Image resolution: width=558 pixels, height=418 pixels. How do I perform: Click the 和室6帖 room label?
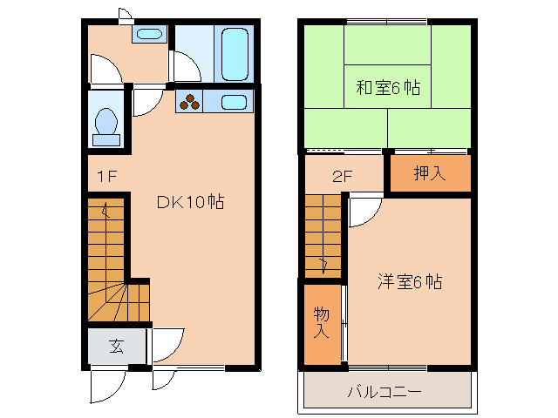388,87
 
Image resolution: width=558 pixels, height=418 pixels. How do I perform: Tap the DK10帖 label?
191,202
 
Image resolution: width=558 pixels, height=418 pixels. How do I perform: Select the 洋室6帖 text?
410,282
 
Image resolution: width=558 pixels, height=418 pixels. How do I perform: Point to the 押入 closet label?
429,173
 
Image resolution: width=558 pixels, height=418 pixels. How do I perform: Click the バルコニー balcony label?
384,392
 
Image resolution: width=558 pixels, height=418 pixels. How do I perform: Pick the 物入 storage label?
321,322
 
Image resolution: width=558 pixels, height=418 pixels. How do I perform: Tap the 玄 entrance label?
116,346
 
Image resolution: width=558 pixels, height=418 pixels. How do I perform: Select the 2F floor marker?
341,174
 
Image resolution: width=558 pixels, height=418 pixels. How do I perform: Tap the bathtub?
234,52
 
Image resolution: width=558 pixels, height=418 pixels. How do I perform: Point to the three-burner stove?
191,102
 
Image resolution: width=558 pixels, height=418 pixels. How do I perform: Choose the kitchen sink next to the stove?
234,102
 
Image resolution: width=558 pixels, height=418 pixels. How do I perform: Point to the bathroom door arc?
187,68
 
